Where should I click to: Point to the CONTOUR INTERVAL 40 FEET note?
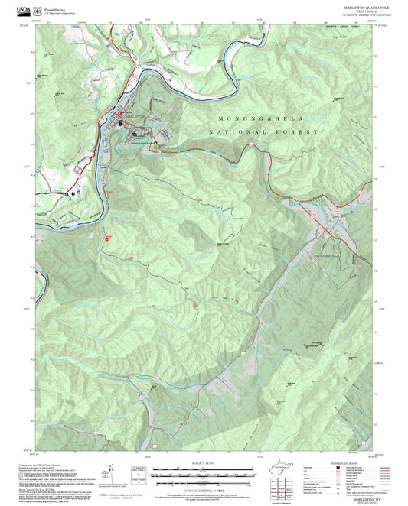204,488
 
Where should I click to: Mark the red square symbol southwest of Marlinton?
106,238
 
